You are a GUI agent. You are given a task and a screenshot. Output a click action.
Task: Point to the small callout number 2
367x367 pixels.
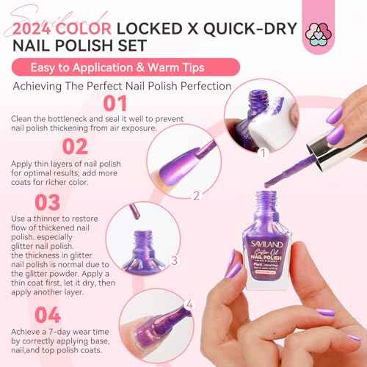click(196, 195)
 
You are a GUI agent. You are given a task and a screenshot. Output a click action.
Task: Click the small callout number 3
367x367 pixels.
click(174, 260)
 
